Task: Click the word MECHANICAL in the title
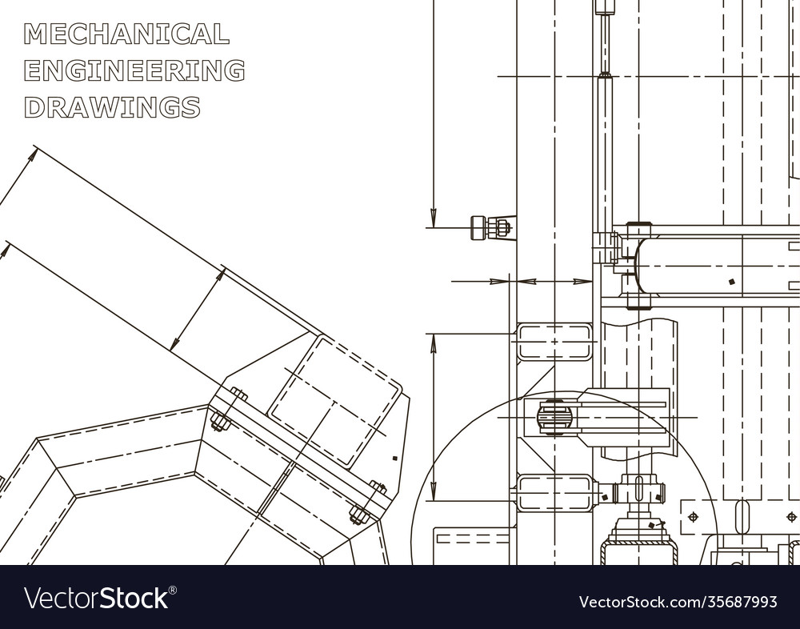[x=126, y=34]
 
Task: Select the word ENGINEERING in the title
[x=134, y=70]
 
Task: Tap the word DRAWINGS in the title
[x=112, y=106]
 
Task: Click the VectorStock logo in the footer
[x=100, y=598]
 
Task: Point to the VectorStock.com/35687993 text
[x=678, y=601]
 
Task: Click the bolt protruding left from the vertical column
[x=490, y=228]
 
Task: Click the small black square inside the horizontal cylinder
[x=731, y=281]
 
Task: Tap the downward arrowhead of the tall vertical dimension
[x=433, y=216]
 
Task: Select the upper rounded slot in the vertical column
[x=554, y=342]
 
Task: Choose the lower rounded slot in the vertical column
[x=554, y=492]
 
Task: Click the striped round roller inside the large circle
[x=554, y=417]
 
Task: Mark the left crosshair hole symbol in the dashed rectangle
[x=692, y=517]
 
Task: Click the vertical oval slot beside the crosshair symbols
[x=743, y=516]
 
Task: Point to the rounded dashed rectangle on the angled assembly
[x=334, y=400]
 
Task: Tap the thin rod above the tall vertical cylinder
[x=605, y=44]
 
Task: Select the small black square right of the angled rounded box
[x=394, y=458]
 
